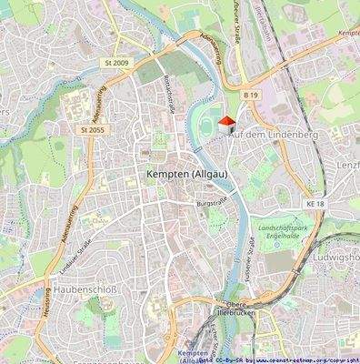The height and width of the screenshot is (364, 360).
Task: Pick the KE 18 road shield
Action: point(315,207)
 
